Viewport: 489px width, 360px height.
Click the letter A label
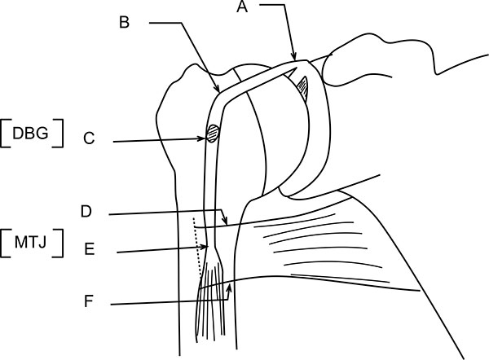click(x=242, y=8)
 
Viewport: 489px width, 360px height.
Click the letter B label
click(x=125, y=22)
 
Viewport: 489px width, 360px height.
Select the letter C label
click(x=90, y=138)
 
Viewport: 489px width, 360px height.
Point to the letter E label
click(x=90, y=249)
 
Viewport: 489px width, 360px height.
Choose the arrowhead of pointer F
click(x=231, y=286)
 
